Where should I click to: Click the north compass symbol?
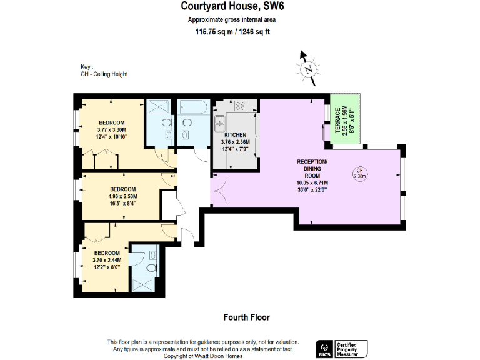[x=307, y=69]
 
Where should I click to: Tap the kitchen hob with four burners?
[x=240, y=106]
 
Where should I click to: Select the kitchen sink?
[x=220, y=121]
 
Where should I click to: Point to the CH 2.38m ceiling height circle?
[x=359, y=173]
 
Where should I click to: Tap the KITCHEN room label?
[x=235, y=135]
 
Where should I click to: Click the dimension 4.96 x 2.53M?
[x=123, y=196]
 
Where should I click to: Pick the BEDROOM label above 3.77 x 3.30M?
[x=112, y=122]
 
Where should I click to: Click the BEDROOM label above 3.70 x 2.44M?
[x=106, y=252]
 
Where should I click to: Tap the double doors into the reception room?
[x=218, y=191]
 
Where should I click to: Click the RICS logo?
[x=324, y=349]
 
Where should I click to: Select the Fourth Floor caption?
[x=246, y=317]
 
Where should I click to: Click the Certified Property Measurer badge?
[x=352, y=349]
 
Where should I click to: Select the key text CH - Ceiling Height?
[x=104, y=74]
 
